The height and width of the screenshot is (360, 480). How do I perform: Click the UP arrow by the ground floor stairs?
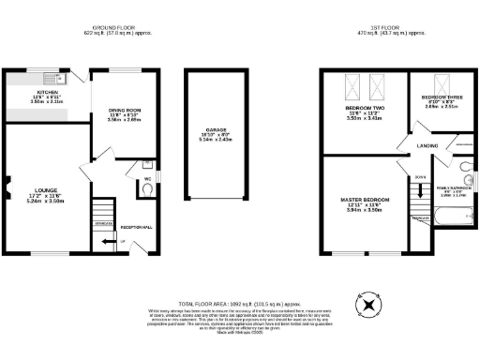pos(120,242)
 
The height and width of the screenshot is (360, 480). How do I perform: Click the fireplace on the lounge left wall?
pos(6,182)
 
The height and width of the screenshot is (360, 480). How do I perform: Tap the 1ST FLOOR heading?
pos(392,29)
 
